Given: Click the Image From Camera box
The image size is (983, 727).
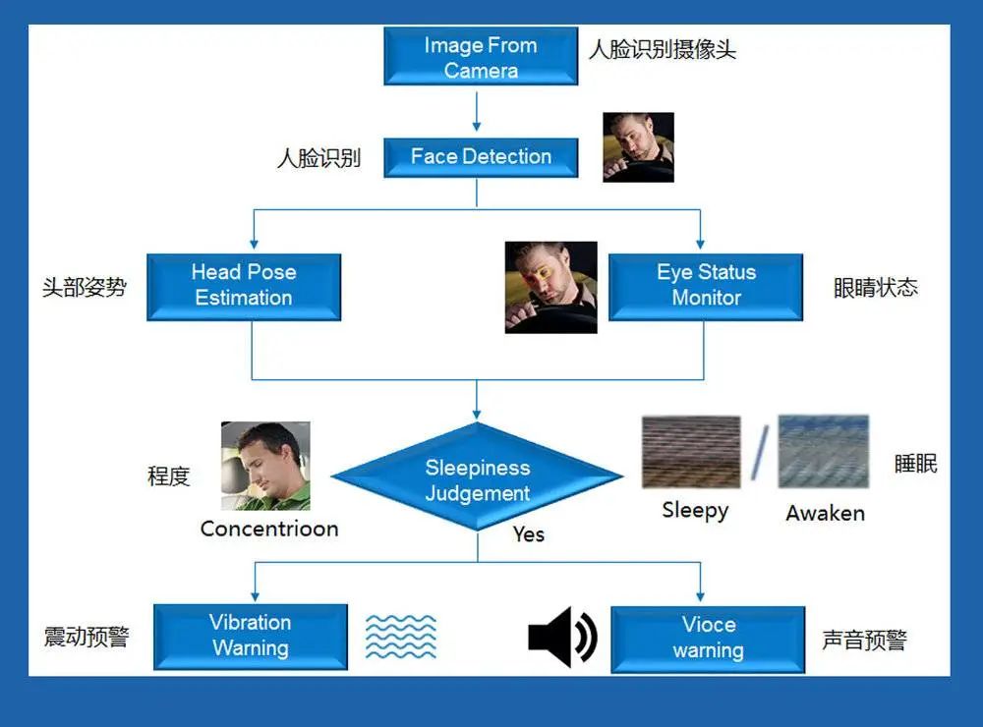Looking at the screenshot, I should pyautogui.click(x=480, y=57).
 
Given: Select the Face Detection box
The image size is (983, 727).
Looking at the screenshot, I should pyautogui.click(x=480, y=156).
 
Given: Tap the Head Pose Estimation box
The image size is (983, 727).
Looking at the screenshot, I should pyautogui.click(x=244, y=286).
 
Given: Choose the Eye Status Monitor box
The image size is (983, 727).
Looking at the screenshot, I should pyautogui.click(x=706, y=286).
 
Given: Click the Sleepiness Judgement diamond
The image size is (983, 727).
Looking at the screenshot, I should pyautogui.click(x=478, y=479).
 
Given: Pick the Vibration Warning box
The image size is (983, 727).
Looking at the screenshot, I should pyautogui.click(x=251, y=636).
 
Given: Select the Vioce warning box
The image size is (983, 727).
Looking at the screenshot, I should pyautogui.click(x=708, y=638).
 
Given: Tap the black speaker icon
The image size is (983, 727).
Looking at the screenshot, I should pyautogui.click(x=562, y=637).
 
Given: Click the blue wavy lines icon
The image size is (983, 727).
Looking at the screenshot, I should pyautogui.click(x=401, y=637).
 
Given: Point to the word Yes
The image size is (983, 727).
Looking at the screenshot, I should pyautogui.click(x=529, y=534).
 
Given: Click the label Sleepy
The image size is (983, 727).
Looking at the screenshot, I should pyautogui.click(x=695, y=510).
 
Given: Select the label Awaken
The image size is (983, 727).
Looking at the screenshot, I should pyautogui.click(x=825, y=513).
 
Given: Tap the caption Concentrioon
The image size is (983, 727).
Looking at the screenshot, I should pyautogui.click(x=269, y=529).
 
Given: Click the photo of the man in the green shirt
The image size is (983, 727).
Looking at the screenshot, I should pyautogui.click(x=265, y=466).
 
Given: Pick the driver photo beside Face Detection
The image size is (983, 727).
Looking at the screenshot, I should pyautogui.click(x=638, y=147).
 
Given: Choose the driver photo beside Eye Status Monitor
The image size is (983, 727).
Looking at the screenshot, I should pyautogui.click(x=550, y=287).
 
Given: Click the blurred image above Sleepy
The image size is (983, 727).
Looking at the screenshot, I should pyautogui.click(x=690, y=452).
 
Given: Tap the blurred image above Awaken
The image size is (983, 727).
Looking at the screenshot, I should pyautogui.click(x=823, y=452).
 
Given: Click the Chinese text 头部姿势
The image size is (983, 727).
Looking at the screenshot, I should pyautogui.click(x=85, y=288).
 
